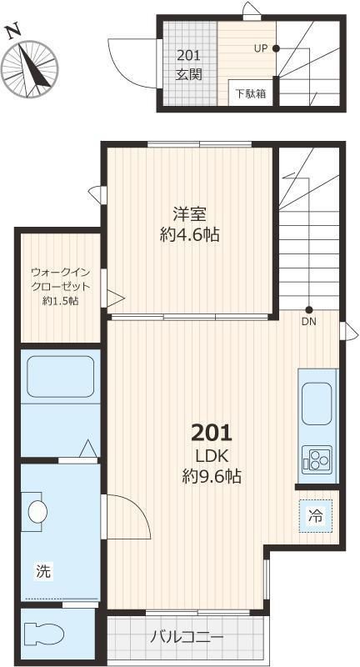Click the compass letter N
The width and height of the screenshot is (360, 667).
[12, 31]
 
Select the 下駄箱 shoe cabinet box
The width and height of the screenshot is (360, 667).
[250, 93]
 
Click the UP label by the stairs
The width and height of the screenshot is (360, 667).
[260, 48]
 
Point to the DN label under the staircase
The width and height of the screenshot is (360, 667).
[308, 321]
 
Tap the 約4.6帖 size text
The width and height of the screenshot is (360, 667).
[189, 235]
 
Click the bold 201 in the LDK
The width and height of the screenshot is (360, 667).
[212, 433]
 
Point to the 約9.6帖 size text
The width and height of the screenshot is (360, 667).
[212, 477]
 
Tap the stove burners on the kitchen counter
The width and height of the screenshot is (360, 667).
[317, 459]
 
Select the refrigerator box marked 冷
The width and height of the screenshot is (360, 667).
[316, 514]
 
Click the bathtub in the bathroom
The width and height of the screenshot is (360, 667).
[61, 376]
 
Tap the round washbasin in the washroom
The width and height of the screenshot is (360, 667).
[36, 512]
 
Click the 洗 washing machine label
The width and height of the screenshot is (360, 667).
[42, 572]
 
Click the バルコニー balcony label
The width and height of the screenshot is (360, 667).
[187, 639]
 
